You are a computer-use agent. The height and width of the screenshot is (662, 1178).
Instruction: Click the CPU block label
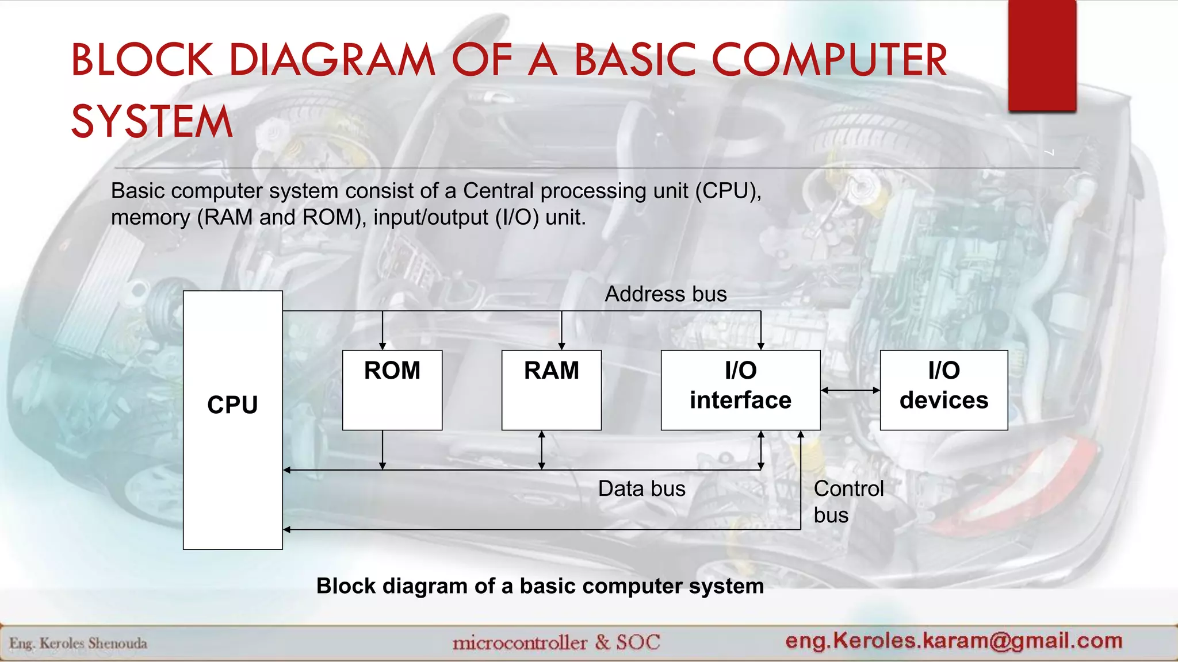[x=232, y=405]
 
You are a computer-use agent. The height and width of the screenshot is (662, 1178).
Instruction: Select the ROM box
[x=392, y=390]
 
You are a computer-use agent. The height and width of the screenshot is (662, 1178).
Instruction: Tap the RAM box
[x=551, y=390]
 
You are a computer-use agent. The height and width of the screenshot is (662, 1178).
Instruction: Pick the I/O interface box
[x=740, y=390]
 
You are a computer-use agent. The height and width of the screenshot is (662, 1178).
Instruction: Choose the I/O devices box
[x=943, y=390]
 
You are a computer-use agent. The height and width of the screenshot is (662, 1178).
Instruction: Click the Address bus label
[x=666, y=294]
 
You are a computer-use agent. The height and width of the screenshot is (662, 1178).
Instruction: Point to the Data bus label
[x=641, y=489]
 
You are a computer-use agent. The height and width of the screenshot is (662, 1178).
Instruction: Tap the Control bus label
[x=848, y=502]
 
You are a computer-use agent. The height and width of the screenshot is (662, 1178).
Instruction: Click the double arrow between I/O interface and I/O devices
[x=850, y=390]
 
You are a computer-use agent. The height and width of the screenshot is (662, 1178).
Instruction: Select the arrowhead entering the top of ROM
[x=383, y=345]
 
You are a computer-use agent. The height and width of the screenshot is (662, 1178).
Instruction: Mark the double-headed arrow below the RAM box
[x=541, y=450]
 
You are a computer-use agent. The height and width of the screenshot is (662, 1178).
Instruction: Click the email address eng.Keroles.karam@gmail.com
[x=954, y=640]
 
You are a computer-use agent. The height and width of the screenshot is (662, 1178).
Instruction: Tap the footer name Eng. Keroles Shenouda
[x=78, y=643]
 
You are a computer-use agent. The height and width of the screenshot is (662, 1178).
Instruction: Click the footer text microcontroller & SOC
[x=556, y=642]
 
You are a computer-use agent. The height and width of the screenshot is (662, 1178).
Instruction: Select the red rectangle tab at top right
[x=1042, y=56]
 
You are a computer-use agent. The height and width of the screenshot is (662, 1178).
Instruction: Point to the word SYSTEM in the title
[x=152, y=122]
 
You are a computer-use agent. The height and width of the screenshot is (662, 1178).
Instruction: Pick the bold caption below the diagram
[x=540, y=586]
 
